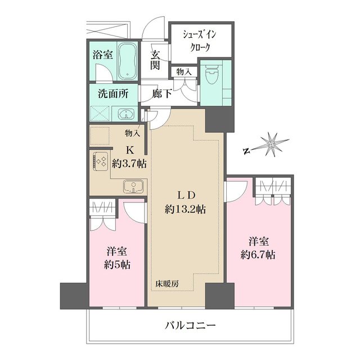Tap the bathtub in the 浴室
[x=129, y=60]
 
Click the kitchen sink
[x=133, y=186]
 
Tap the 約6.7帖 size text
[x=259, y=255]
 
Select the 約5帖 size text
[x=117, y=264]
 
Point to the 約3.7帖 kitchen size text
[x=129, y=164]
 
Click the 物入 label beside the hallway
[x=183, y=71]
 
